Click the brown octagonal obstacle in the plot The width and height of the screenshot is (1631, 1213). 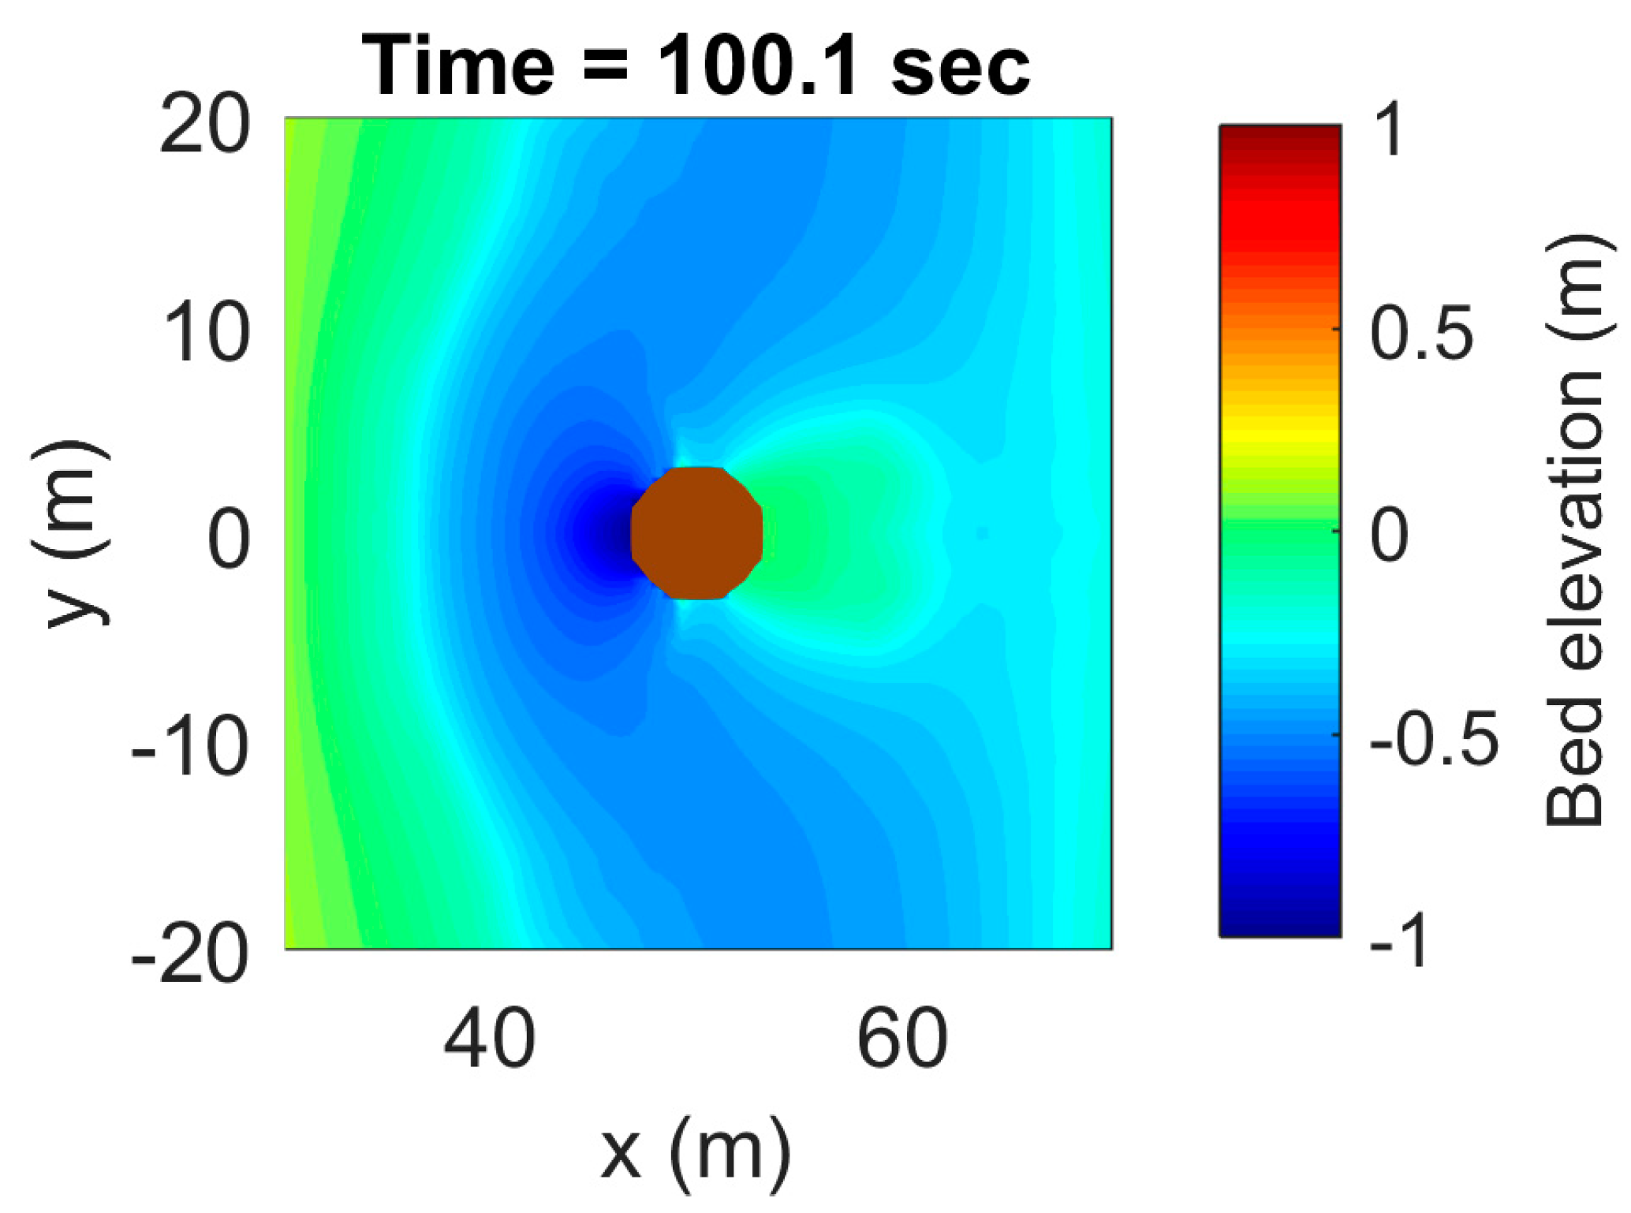697,533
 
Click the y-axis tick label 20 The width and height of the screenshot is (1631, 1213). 204,126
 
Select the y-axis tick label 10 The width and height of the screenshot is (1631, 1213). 207,334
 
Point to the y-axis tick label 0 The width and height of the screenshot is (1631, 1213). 229,541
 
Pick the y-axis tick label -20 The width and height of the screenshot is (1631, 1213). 190,956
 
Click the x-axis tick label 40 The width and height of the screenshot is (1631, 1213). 489,1039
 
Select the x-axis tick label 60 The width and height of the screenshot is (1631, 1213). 902,1039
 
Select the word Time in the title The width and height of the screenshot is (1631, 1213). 458,67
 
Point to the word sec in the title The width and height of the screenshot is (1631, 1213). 960,67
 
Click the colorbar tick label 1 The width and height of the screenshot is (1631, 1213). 1388,131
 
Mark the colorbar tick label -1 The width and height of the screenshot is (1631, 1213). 1399,941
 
